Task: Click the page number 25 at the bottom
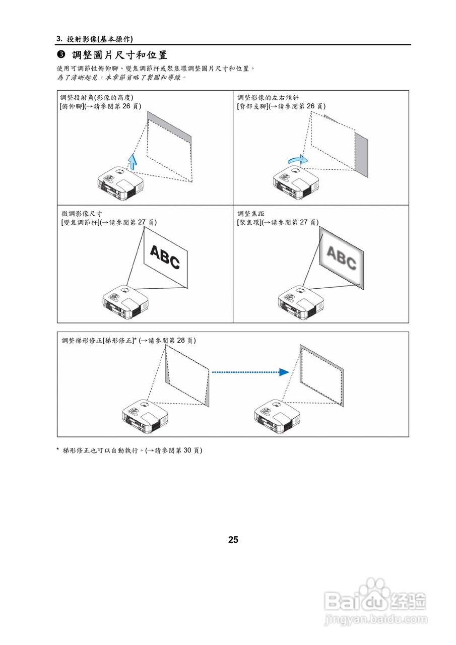233,540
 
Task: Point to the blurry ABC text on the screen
341,257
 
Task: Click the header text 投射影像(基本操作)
100,39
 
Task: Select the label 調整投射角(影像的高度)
97,97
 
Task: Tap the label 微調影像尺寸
82,214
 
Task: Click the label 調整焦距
250,214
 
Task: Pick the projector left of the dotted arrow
145,416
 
